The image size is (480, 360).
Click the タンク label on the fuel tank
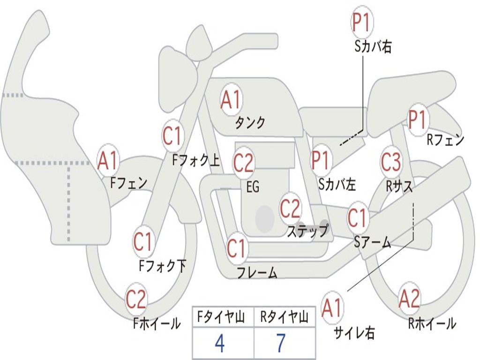pos(250,123)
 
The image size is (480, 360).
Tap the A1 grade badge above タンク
pos(232,99)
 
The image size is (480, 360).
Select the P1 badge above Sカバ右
pos(362,22)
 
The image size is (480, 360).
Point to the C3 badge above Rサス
pos(391,162)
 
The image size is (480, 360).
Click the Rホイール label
pos(432,324)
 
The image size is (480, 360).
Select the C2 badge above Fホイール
pos(136,299)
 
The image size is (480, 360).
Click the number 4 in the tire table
pos(220,343)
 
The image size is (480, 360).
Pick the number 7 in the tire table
pos(281,343)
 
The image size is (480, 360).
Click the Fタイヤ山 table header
pos(221,317)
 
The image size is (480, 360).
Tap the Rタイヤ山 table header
pos(284,317)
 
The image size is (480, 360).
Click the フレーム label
pos(257,272)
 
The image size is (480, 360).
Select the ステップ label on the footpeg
pos(307,231)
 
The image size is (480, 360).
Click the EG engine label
pos(253,187)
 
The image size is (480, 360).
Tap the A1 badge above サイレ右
pos(332,307)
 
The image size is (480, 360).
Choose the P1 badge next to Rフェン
pos(418,120)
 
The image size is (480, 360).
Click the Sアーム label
pos(373,243)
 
